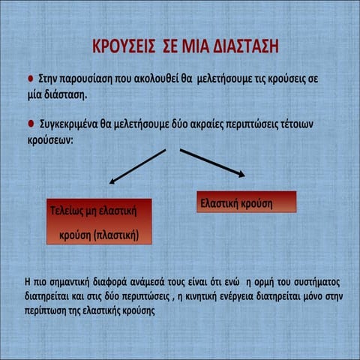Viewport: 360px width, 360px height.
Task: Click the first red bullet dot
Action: [31, 78]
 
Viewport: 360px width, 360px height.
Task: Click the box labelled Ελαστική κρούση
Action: [246, 202]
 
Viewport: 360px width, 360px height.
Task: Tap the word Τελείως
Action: [66, 211]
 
